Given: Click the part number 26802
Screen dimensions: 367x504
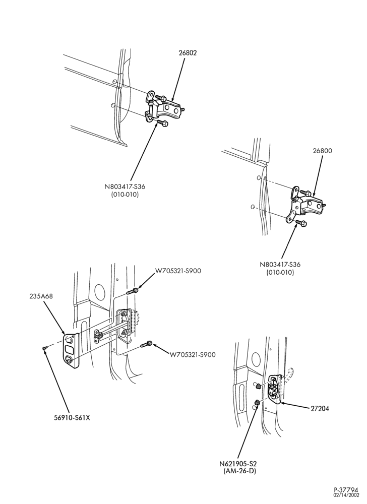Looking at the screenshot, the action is (x=188, y=53).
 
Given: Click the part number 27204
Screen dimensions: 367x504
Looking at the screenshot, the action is (x=320, y=409).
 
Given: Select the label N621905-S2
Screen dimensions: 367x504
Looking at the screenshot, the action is (x=238, y=464).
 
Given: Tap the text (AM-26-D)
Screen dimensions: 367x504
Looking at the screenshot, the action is (x=239, y=471).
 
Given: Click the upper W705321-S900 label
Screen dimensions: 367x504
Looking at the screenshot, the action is (x=178, y=271).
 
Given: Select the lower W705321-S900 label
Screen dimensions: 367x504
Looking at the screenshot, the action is (x=193, y=355).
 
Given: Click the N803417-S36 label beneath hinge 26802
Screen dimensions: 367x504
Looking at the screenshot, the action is (x=123, y=187).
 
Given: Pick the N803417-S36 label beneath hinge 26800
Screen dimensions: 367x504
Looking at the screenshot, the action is (x=280, y=265).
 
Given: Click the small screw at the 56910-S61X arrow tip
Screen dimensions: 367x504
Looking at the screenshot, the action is (x=44, y=347).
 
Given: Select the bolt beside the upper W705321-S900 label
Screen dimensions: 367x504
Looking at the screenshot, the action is (x=133, y=291).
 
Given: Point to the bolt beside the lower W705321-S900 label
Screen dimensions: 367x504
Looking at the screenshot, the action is (x=146, y=344).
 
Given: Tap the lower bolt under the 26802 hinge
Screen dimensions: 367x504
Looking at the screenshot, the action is (x=162, y=123).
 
